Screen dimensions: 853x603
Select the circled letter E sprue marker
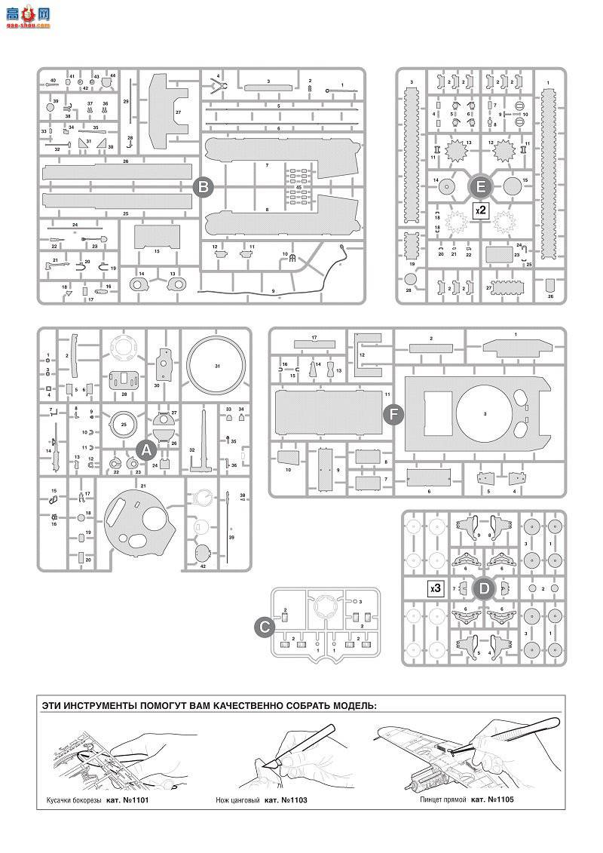coord(481,186)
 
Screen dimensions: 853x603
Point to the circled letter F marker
coord(393,413)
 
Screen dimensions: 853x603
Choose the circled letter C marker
coord(265,626)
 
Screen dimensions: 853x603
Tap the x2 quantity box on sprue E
coord(480,210)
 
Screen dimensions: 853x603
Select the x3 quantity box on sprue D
coord(435,588)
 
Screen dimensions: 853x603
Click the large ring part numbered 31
coord(216,367)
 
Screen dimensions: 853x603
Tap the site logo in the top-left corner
coord(27,14)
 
